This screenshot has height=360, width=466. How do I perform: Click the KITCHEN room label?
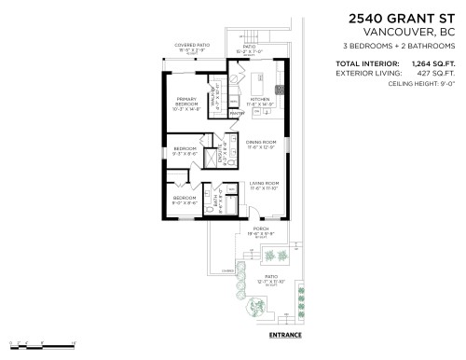point(260,98)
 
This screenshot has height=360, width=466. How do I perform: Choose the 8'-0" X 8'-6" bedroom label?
point(185,200)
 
